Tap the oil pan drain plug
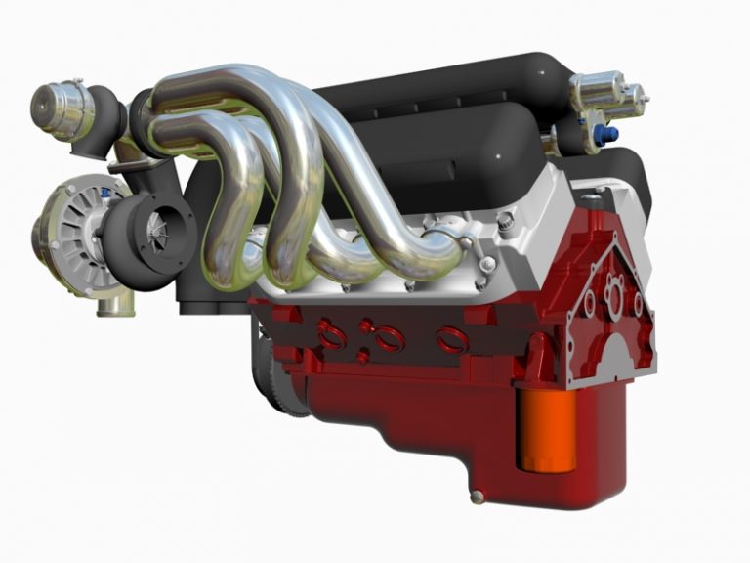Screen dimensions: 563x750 pos(477,497)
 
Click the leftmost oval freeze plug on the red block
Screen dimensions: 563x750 pos(331,335)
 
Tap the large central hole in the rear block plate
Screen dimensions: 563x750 pos(612,294)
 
